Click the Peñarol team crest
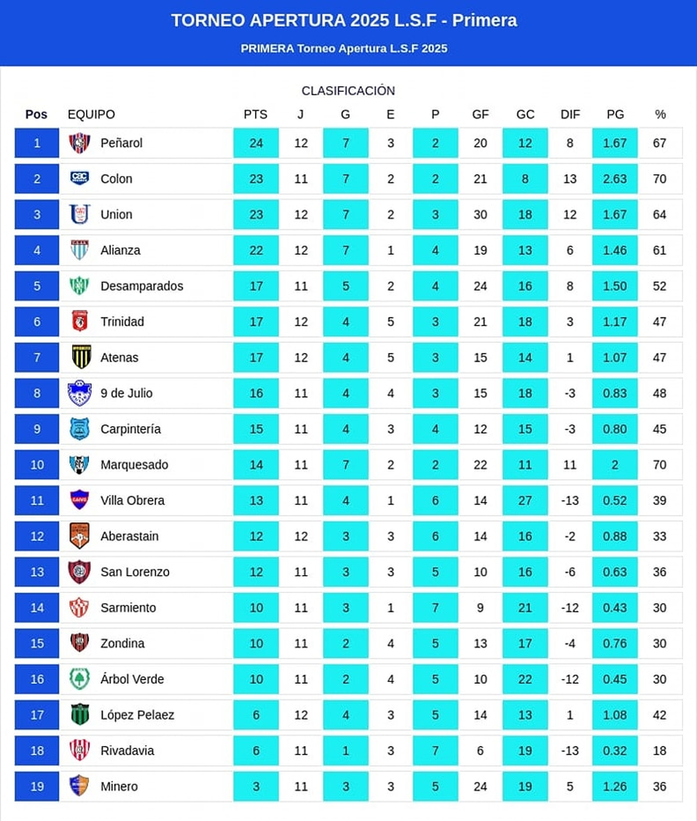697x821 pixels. coord(80,143)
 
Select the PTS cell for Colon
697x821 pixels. coord(256,179)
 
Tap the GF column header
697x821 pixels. coord(480,115)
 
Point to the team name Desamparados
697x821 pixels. coord(142,286)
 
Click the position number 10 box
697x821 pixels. coord(37,465)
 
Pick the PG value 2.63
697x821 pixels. coord(615,179)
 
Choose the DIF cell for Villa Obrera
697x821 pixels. coord(570,501)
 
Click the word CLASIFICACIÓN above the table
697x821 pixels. coord(348,91)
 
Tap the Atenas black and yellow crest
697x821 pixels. coord(80,357)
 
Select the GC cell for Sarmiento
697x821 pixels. coord(525,608)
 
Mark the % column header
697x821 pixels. coord(660,115)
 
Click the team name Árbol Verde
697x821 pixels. coord(132,679)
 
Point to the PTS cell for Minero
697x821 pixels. coord(256,787)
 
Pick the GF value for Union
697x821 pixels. coord(480,215)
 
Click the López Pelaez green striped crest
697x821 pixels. coord(80,715)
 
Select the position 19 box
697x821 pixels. coord(37,787)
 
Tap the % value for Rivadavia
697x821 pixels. coord(659,751)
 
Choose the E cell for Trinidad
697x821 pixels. coord(390,322)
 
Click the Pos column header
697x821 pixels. coord(36,115)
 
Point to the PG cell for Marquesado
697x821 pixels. coord(615,465)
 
